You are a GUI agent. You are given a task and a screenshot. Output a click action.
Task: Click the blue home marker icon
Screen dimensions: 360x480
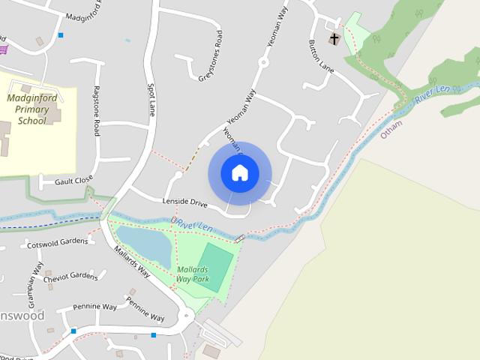pyautogui.click(x=240, y=173)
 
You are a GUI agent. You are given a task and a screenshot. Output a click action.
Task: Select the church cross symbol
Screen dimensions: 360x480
pyautogui.click(x=334, y=39)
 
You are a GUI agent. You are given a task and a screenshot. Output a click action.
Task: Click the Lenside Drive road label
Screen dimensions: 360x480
pyautogui.click(x=184, y=202)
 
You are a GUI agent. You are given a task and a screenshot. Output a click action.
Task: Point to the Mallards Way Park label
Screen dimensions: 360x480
pyautogui.click(x=193, y=274)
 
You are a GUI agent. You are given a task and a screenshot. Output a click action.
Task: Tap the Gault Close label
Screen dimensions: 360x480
pyautogui.click(x=73, y=180)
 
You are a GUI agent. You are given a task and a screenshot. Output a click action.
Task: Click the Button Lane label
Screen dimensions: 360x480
pyautogui.click(x=321, y=55)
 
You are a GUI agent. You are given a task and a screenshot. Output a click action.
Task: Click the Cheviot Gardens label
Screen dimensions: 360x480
pyautogui.click(x=70, y=277)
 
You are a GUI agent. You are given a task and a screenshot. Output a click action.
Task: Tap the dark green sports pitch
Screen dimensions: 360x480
pyautogui.click(x=215, y=267)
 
